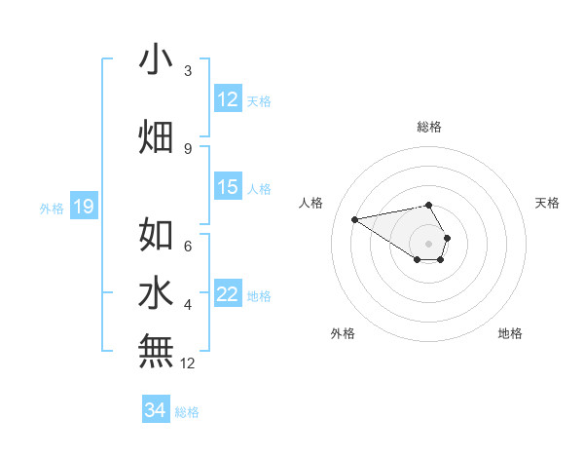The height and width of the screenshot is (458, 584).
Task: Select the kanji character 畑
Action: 156,136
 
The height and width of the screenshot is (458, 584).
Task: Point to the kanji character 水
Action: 156,293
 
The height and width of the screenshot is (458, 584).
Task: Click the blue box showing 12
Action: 228,99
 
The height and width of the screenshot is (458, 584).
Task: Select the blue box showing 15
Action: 228,187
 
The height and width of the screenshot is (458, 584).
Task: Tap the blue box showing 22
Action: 228,295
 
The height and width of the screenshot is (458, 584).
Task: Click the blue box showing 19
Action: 83,207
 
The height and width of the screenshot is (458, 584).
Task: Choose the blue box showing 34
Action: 156,410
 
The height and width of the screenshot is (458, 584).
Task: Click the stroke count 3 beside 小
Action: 188,72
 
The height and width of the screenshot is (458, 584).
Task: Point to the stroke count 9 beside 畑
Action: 188,149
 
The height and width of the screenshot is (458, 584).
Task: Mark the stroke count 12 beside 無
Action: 188,364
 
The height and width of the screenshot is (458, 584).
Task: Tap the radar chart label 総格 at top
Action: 428,127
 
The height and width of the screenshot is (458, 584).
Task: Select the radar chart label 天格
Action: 547,203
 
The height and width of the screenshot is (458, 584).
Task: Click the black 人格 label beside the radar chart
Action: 311,203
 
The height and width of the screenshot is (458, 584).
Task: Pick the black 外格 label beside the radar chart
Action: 343,334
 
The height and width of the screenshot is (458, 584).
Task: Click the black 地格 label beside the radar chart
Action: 510,334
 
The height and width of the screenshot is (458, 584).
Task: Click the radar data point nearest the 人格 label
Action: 355,219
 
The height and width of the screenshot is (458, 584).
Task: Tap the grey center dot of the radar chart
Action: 428,243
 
